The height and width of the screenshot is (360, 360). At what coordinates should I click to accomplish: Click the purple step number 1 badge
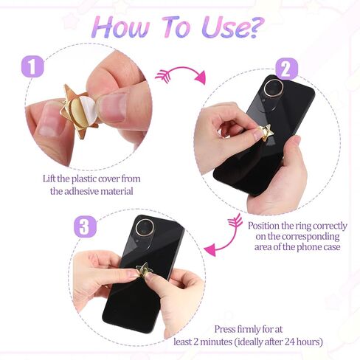[x=32, y=67]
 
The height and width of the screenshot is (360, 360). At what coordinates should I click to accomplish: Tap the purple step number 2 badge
[x=286, y=69]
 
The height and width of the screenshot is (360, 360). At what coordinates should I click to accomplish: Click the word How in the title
[x=121, y=27]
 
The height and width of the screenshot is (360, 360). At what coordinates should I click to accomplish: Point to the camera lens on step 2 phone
[x=274, y=89]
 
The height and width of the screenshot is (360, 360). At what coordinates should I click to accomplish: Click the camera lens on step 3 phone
[x=145, y=228]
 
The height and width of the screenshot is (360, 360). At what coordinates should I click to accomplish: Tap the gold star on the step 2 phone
[x=265, y=133]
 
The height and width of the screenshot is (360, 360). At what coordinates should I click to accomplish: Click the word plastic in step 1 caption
[x=84, y=179]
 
